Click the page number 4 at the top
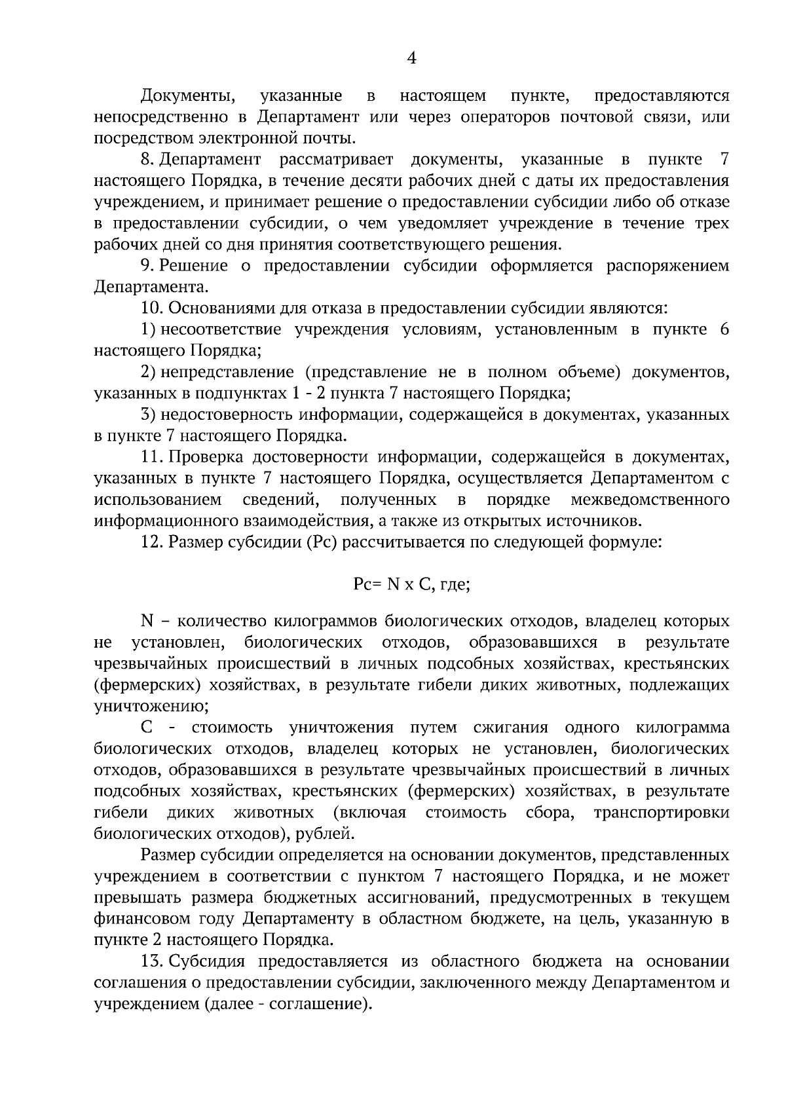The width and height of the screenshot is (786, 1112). pyautogui.click(x=411, y=59)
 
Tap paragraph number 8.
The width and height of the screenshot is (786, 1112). pyautogui.click(x=147, y=160)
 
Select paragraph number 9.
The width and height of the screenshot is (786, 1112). pyautogui.click(x=147, y=266)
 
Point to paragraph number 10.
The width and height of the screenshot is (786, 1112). pyautogui.click(x=152, y=308)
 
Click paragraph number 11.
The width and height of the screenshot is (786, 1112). pyautogui.click(x=152, y=457)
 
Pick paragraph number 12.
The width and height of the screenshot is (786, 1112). pyautogui.click(x=152, y=542)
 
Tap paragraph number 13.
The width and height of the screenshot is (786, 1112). pyautogui.click(x=152, y=961)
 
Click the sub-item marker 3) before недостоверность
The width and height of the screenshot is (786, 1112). pyautogui.click(x=147, y=415)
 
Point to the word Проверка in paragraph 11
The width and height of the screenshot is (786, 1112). pyautogui.click(x=204, y=457)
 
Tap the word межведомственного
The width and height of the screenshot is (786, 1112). pyautogui.click(x=650, y=500)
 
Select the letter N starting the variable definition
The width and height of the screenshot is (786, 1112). pyautogui.click(x=146, y=621)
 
